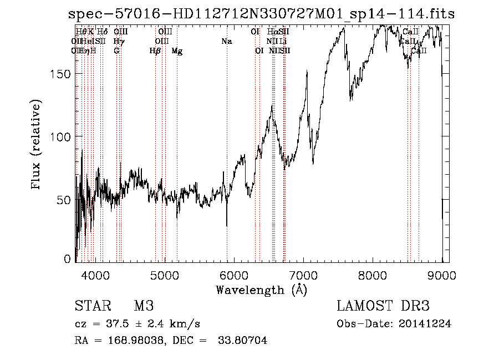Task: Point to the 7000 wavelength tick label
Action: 303,274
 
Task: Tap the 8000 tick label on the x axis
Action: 373,274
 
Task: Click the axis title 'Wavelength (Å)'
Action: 261,290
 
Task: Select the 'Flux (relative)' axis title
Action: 37,145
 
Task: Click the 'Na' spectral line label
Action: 226,41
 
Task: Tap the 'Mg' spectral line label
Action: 177,51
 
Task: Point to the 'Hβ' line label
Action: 155,51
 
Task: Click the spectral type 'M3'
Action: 144,306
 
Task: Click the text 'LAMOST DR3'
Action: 383,306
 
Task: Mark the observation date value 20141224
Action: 424,324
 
